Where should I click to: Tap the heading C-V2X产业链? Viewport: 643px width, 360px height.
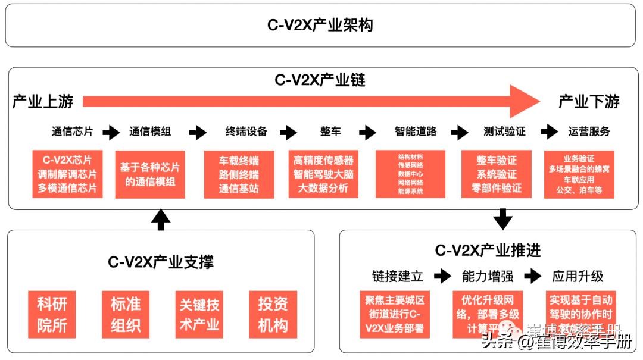(320, 80)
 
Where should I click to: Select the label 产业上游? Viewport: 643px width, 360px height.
(43, 102)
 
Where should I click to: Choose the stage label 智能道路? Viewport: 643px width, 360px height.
(416, 132)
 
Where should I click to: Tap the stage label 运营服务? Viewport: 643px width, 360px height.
(588, 132)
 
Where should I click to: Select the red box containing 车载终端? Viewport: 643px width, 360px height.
(239, 174)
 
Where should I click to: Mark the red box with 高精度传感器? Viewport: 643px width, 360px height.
(323, 174)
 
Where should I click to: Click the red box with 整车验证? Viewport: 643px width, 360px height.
(496, 174)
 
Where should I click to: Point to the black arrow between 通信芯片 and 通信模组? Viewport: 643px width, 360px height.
(111, 132)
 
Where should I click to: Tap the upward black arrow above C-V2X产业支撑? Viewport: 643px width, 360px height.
(160, 220)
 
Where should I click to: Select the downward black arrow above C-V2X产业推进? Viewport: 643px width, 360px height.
(503, 219)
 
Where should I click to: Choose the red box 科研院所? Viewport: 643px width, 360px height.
(52, 314)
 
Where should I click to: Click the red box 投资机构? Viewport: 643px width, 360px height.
(273, 314)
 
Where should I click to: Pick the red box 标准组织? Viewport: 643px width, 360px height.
(126, 314)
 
